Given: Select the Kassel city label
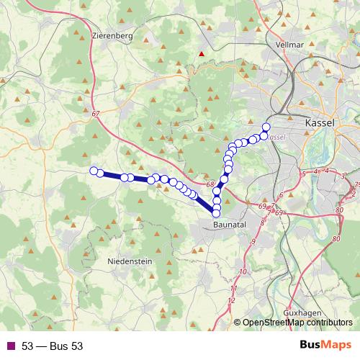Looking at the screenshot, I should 320,123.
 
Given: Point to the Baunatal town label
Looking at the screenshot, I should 231,225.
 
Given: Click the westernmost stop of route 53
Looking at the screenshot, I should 94,171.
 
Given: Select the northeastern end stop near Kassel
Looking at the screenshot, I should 266,127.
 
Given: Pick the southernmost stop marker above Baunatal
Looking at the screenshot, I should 217,213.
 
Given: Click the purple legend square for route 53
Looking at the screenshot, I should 10,346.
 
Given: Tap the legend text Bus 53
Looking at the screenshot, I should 52,346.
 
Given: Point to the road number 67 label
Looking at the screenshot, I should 96,114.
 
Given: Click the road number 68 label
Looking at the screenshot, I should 210,185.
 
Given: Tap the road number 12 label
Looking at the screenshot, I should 231,300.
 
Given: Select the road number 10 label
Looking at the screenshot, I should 242,271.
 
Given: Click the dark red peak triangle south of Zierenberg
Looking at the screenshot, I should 202,53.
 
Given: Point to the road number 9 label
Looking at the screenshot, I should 253,243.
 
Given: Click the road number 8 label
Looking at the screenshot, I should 262,223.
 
